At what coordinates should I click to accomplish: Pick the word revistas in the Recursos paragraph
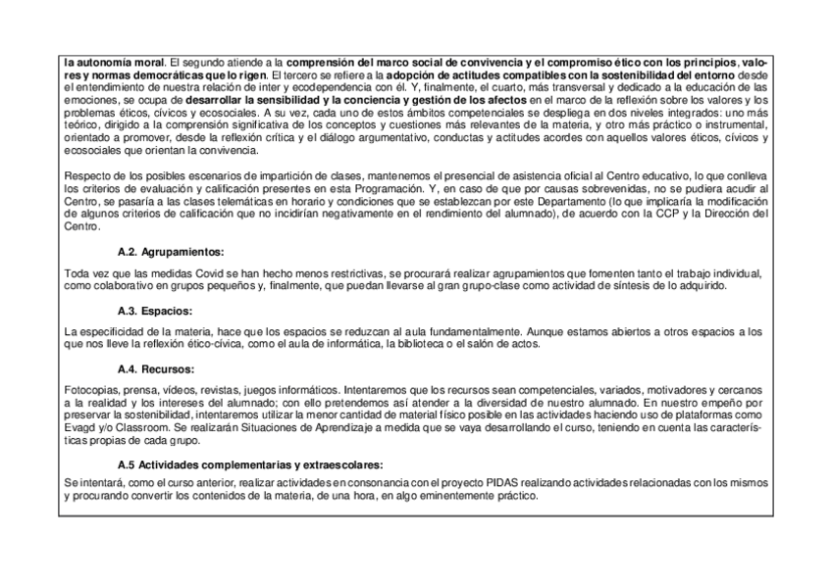tap(219, 389)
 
